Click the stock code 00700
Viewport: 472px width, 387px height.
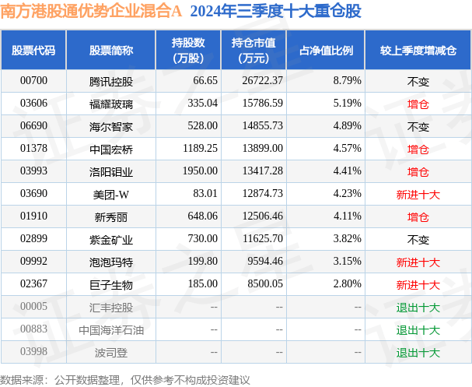(34, 80)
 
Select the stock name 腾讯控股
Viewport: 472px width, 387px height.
(110, 80)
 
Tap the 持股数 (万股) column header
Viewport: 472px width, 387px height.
(187, 51)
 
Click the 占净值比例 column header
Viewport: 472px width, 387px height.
(326, 51)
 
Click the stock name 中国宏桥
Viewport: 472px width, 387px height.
(110, 149)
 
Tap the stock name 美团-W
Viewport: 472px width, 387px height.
(110, 194)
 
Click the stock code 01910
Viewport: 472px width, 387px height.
(34, 216)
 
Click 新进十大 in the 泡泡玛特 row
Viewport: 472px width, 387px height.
(418, 262)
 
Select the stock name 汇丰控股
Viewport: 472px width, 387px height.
(110, 308)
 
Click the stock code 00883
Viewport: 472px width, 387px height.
(34, 330)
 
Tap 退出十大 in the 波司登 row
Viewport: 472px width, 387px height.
(418, 353)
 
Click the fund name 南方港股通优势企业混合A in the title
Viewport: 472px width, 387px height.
(92, 12)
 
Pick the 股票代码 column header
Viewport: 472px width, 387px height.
(33, 51)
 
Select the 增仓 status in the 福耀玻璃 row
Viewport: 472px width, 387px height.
(418, 103)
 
